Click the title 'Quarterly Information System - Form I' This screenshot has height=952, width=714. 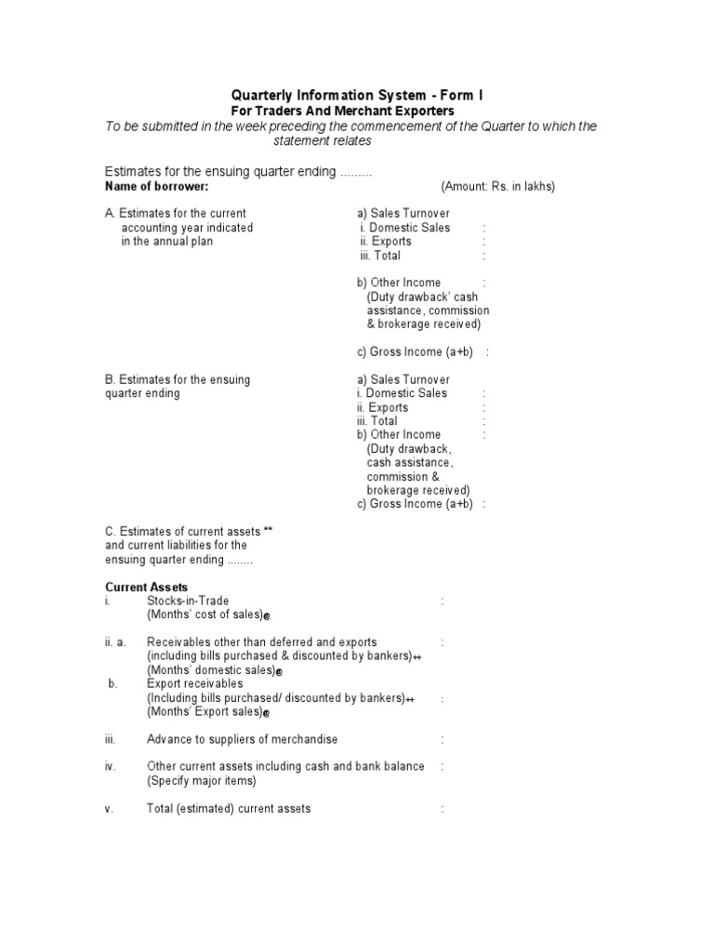(357, 96)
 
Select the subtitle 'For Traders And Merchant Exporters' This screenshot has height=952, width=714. (357, 111)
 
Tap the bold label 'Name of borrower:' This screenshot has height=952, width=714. (157, 186)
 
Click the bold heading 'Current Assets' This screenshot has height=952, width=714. (146, 588)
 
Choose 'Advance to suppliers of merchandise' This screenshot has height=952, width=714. (242, 739)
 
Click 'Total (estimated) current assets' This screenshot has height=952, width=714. (229, 809)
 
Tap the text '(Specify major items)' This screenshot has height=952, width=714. (201, 781)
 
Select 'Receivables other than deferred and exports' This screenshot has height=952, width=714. (261, 642)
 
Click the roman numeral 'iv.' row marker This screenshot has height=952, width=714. (110, 767)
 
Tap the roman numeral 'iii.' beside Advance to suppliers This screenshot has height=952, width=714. (110, 739)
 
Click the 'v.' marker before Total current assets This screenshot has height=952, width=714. (109, 809)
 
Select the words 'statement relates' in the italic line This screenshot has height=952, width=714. (322, 140)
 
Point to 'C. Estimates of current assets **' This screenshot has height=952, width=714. (189, 531)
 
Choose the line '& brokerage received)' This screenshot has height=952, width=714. (423, 324)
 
